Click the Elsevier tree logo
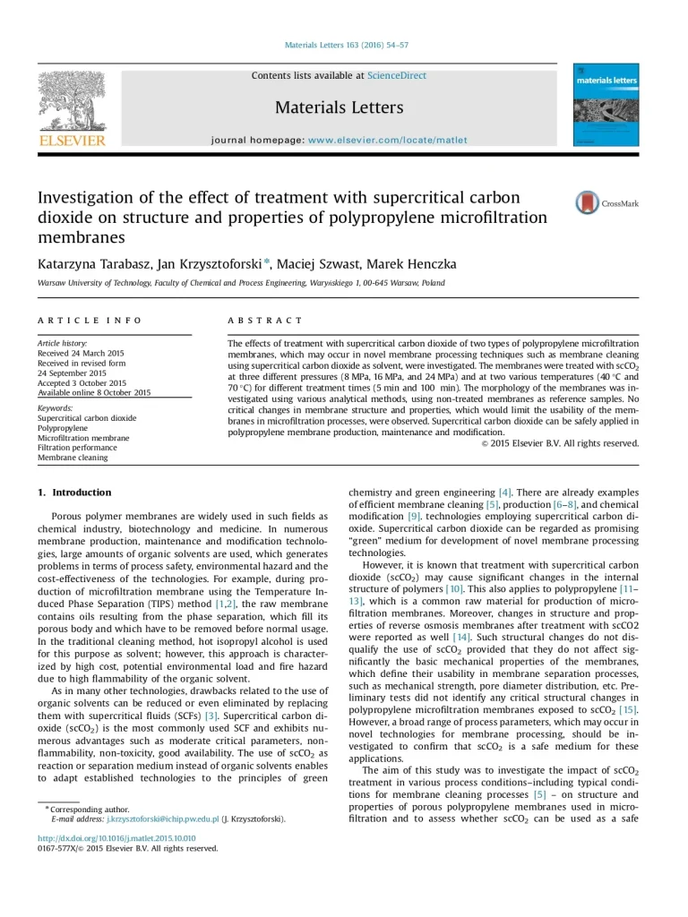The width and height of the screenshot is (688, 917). click(72, 102)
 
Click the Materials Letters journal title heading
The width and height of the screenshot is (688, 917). click(339, 108)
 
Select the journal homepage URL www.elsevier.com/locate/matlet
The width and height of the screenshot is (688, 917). click(387, 141)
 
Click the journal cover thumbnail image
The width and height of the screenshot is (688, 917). click(606, 105)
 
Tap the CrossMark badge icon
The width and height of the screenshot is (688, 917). click(588, 202)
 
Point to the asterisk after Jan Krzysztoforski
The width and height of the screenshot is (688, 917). click(266, 262)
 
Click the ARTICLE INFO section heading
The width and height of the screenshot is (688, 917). click(90, 321)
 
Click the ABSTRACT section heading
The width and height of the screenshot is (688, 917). click(265, 321)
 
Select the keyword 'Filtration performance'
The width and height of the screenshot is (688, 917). click(77, 447)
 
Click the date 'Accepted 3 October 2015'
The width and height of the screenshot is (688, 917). click(82, 382)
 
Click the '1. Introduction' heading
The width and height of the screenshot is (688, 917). click(74, 493)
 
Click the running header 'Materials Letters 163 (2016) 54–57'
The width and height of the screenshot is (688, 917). click(346, 45)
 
